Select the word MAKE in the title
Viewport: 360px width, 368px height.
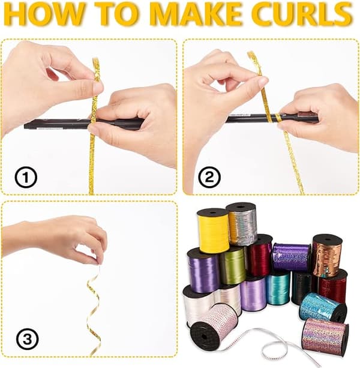[197, 14]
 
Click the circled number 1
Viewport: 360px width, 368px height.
[26, 178]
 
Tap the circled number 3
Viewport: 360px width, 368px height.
[27, 339]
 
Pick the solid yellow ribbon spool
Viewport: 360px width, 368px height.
[214, 230]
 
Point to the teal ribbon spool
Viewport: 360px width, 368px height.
[278, 288]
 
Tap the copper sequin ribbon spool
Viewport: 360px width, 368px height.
[326, 256]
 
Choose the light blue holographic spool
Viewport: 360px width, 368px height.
[323, 307]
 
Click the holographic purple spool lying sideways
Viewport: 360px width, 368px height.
[292, 258]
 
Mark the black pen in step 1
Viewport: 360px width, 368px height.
[84, 124]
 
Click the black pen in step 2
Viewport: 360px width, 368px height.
[272, 118]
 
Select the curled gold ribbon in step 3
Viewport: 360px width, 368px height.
[94, 312]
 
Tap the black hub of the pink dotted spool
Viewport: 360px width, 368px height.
[203, 336]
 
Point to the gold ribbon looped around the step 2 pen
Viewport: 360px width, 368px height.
[278, 118]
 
